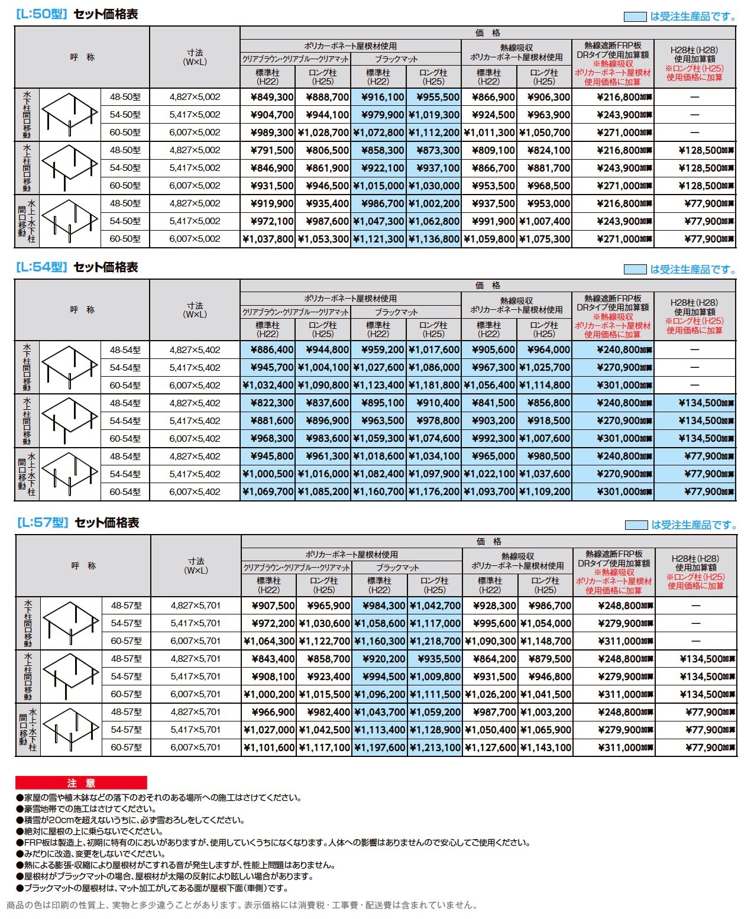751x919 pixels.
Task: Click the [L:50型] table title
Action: click(76, 14)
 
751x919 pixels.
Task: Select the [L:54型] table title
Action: click(76, 267)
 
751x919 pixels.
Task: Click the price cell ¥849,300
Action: click(268, 97)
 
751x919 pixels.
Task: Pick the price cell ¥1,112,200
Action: click(433, 132)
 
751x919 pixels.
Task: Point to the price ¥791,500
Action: click(268, 150)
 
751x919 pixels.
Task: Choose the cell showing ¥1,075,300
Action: click(544, 239)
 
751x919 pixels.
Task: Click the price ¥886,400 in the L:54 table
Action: click(268, 350)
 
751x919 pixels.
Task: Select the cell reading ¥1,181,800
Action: click(433, 386)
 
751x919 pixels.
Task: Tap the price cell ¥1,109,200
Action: click(544, 492)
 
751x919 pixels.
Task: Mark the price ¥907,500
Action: click(269, 606)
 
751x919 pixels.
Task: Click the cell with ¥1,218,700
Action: click(435, 641)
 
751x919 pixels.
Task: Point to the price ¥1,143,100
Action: click(545, 748)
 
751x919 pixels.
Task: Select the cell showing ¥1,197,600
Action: click(380, 748)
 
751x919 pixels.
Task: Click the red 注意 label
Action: click(81, 783)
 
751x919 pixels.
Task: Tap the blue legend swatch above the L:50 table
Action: click(635, 17)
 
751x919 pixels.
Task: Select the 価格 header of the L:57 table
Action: click(489, 542)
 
